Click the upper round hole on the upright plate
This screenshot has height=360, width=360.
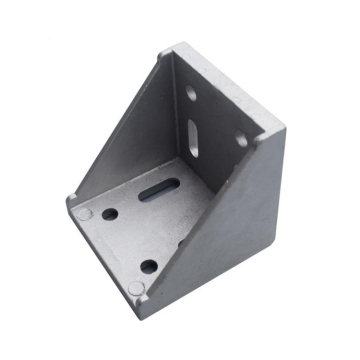[x=191, y=93]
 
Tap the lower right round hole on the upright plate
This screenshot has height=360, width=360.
[x=241, y=141]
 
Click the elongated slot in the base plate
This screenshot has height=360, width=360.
[x=160, y=187]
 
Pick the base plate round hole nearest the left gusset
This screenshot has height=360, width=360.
[x=109, y=214]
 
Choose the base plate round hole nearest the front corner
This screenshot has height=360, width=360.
[x=149, y=266]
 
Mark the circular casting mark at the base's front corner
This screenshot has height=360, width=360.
[x=136, y=288]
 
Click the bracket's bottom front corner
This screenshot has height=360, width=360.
[x=136, y=301]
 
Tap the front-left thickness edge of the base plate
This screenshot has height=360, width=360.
[x=100, y=255]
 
